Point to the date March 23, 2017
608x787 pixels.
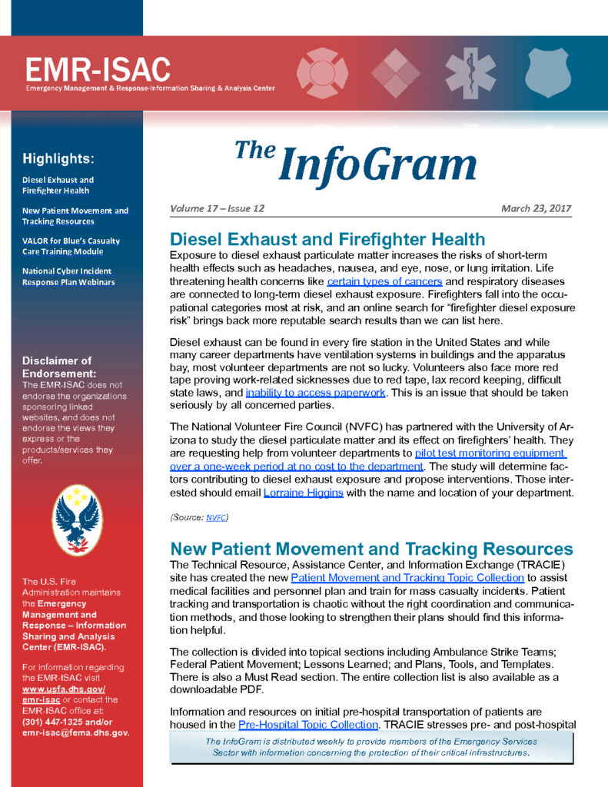click(536, 208)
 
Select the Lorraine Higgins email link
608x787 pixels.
click(304, 492)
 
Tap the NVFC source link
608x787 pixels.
click(216, 517)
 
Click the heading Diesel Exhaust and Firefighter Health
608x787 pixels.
click(327, 239)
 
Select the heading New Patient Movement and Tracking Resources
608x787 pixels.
click(371, 549)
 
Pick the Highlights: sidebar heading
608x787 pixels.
click(58, 159)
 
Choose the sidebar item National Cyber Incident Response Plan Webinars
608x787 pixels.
click(67, 276)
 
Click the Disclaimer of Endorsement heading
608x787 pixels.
click(58, 367)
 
